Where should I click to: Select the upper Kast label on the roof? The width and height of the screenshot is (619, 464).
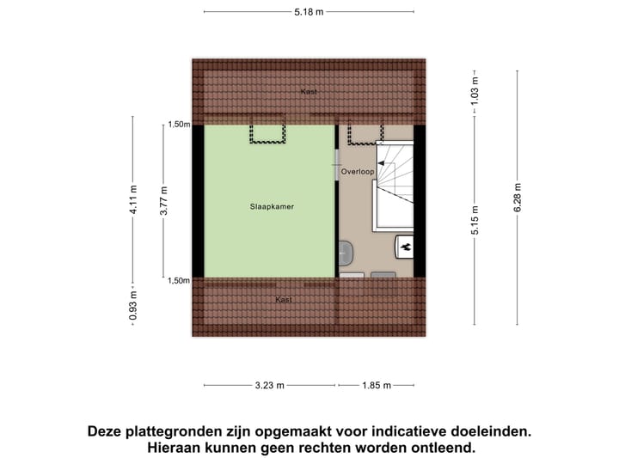pyautogui.click(x=308, y=91)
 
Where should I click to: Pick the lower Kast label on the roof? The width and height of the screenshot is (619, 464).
pyautogui.click(x=283, y=299)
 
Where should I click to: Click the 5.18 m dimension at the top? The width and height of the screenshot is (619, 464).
pyautogui.click(x=309, y=12)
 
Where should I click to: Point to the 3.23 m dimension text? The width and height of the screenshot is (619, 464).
pyautogui.click(x=269, y=386)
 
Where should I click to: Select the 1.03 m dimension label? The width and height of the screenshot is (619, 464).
pyautogui.click(x=475, y=90)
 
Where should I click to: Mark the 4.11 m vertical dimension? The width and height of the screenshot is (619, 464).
pyautogui.click(x=132, y=199)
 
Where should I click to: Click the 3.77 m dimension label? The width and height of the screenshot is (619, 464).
pyautogui.click(x=166, y=199)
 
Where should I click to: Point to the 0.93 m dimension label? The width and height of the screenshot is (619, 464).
pyautogui.click(x=132, y=306)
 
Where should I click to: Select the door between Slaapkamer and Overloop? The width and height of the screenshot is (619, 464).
pyautogui.click(x=336, y=164)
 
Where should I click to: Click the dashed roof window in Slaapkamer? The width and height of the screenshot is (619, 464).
pyautogui.click(x=268, y=134)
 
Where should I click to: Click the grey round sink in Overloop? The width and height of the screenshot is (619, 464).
pyautogui.click(x=346, y=253)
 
